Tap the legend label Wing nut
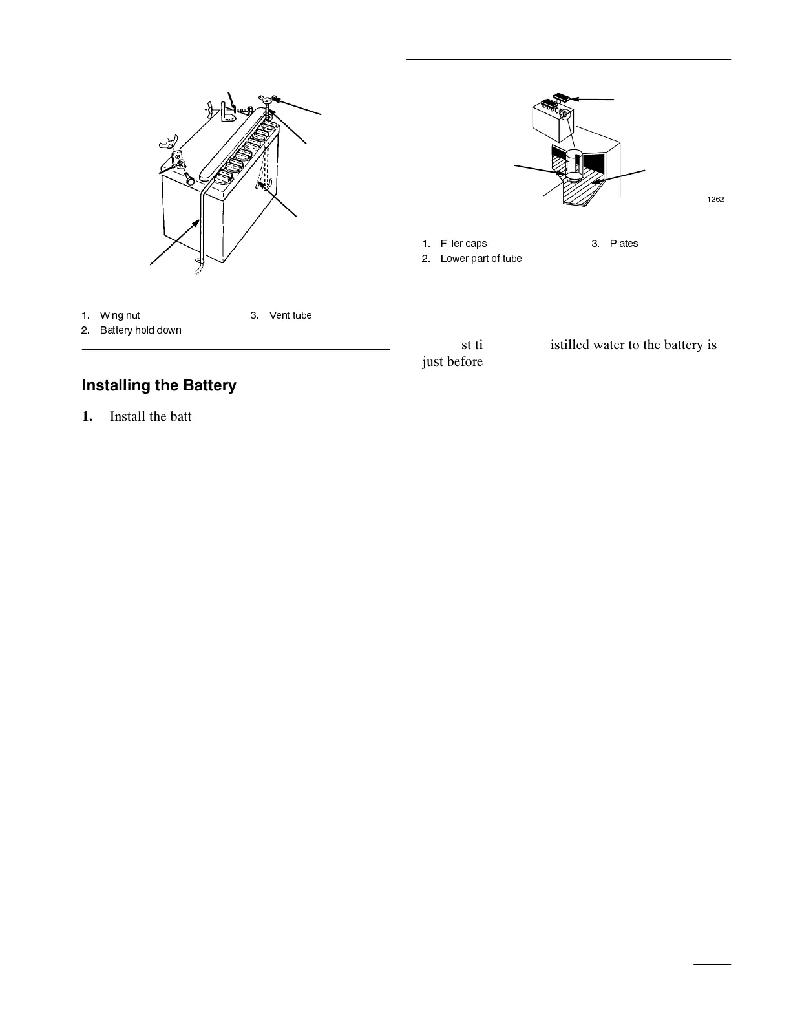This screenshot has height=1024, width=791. (x=120, y=315)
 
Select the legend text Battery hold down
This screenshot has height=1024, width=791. (x=140, y=330)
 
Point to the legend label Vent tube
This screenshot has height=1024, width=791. (x=290, y=315)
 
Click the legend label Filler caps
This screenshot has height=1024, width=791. (x=463, y=244)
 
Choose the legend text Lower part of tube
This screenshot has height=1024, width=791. (x=481, y=259)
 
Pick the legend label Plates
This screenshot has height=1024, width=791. (x=624, y=244)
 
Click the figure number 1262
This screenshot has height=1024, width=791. (x=714, y=199)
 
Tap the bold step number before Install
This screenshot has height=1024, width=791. (x=87, y=416)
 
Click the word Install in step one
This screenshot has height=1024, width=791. (x=127, y=416)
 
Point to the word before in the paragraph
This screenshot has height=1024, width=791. (x=463, y=361)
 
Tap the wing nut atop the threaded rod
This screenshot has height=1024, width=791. (x=267, y=98)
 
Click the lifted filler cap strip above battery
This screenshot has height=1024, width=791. (x=561, y=99)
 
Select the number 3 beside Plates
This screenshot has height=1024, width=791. (x=595, y=244)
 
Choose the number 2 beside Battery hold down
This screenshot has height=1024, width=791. (x=85, y=330)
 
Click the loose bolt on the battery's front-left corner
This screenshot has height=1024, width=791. (x=189, y=179)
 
